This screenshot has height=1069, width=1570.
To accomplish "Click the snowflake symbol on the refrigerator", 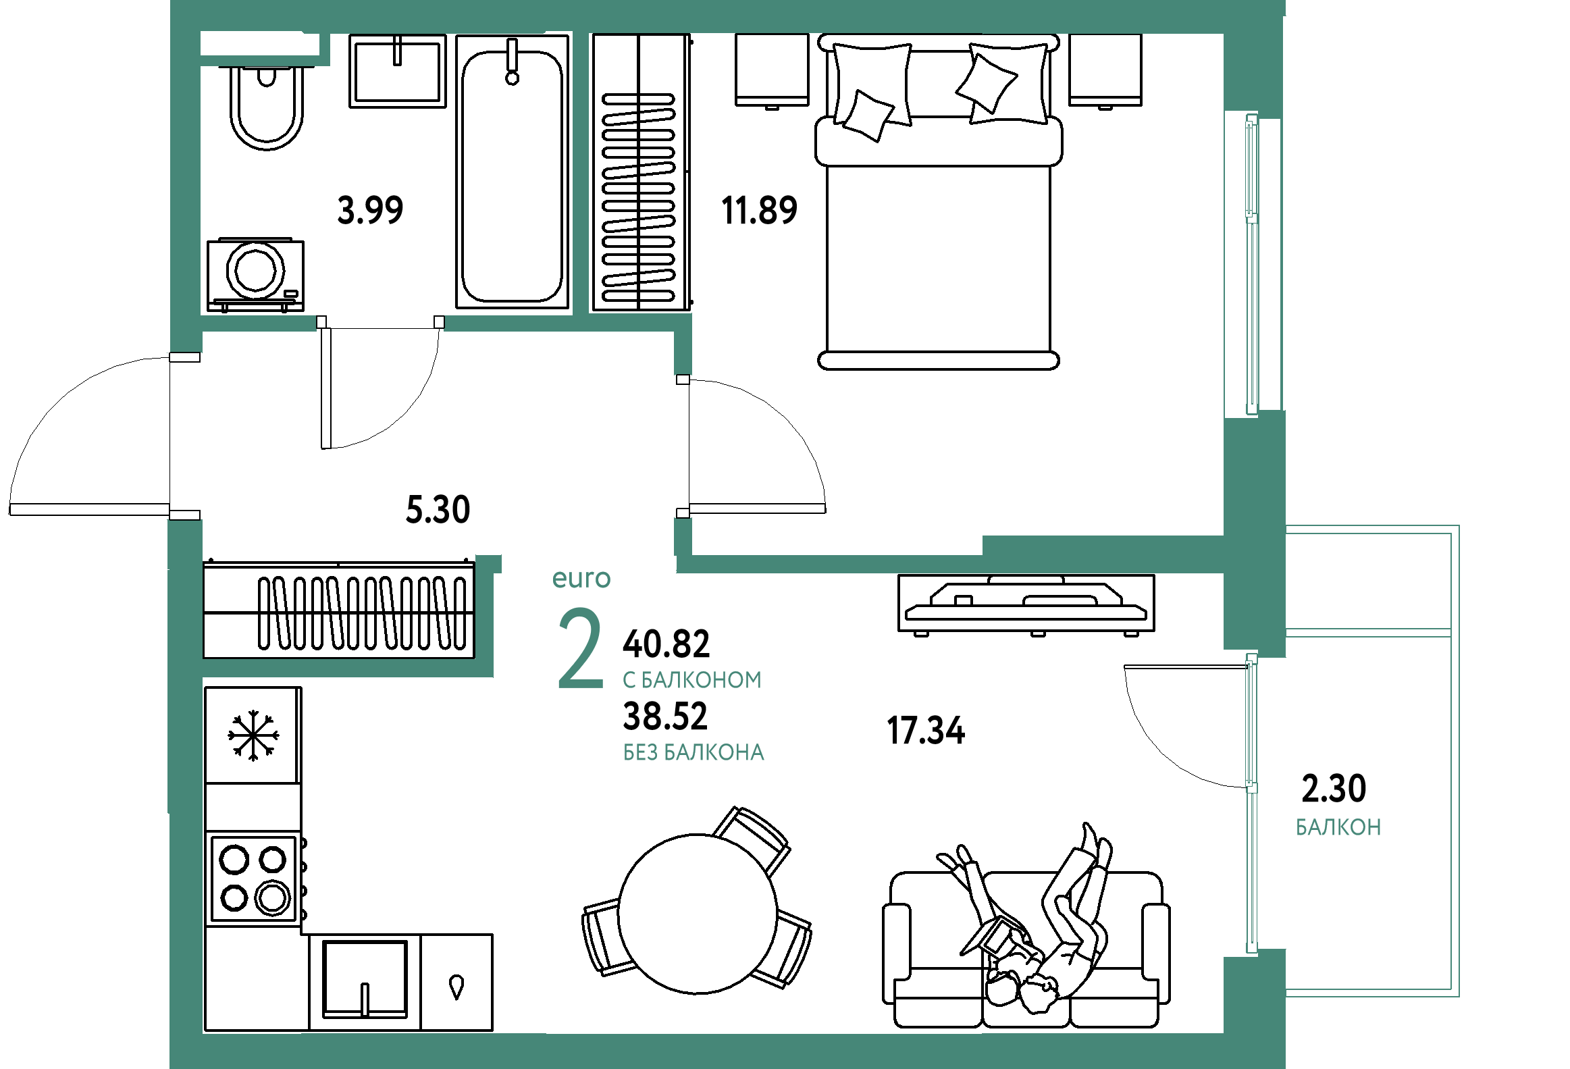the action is [253, 735].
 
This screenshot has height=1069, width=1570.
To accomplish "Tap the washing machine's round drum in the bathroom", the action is [256, 269].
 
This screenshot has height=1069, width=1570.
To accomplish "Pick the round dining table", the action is [698, 914].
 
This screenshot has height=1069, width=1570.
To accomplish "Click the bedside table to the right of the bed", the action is [1105, 70].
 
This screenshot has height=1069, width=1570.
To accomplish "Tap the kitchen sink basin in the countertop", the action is [365, 979].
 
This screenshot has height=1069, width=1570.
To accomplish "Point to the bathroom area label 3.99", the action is [370, 209].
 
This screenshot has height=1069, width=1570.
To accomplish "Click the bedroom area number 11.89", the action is [759, 210].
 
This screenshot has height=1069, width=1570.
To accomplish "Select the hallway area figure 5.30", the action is [438, 509].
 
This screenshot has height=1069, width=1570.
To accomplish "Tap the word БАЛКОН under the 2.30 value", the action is [1338, 827].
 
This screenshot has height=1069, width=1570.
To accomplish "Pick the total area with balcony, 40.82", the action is [666, 644].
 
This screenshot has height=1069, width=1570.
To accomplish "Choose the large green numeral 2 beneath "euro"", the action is [580, 648].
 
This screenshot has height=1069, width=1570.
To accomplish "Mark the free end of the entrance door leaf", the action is [9, 509].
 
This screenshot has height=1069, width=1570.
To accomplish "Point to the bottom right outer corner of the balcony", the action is [1459, 997].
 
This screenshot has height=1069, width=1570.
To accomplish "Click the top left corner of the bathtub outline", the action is [456, 36].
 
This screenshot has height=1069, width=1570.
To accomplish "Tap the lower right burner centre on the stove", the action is [273, 897].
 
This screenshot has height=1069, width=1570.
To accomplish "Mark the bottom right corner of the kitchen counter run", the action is [492, 1031].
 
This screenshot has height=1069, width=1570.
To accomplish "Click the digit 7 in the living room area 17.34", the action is [908, 731].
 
